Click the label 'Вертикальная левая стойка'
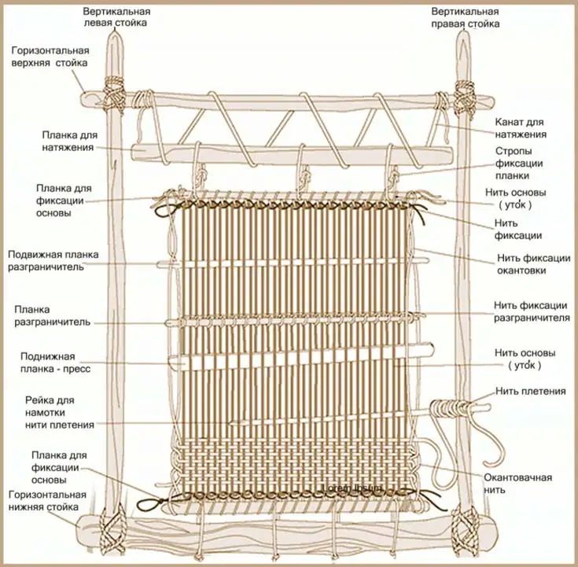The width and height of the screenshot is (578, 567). pos(119,17)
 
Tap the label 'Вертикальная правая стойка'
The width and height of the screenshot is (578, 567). pos(466,17)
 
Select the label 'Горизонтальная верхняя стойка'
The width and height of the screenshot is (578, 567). pos(50,56)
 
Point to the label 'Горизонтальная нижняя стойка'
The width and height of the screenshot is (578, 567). pos(47,501)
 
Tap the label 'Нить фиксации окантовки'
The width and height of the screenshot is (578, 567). pos(532,263)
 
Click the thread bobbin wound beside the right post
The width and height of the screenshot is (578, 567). pos(451,408)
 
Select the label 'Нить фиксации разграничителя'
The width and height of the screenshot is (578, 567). pos(531,311)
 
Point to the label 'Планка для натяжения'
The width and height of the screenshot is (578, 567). pos(69,141)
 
